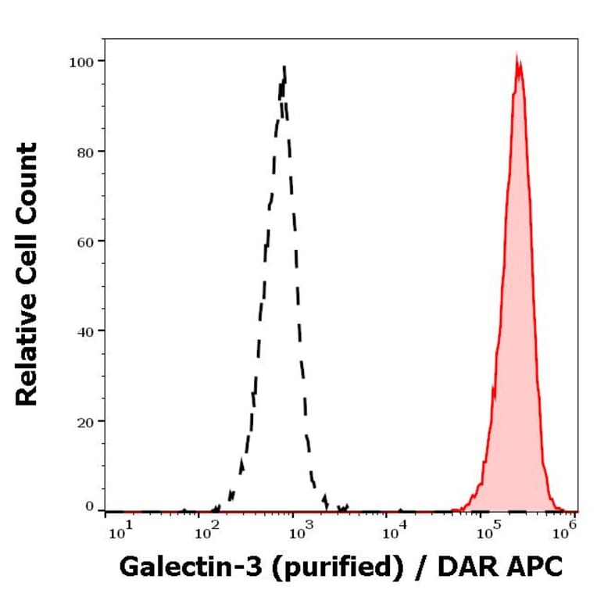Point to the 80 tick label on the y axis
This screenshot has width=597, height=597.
coord(84,151)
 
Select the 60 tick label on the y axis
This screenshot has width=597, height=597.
coord(84,241)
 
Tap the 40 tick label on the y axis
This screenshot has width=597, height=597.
coord(84,331)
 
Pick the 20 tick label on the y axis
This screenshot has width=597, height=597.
coord(84,421)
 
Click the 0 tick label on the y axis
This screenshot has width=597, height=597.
coord(89,506)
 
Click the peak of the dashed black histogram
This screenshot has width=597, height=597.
coord(284,67)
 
